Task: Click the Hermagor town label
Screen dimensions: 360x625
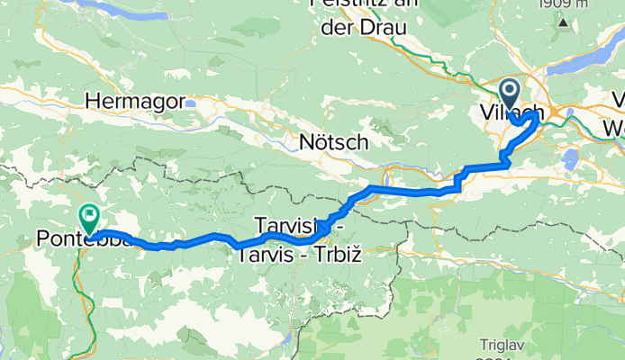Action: tap(134, 101)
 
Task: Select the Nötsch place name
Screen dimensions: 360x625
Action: tap(334, 142)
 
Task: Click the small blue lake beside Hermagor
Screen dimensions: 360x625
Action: tap(192, 103)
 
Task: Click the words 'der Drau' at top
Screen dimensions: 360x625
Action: tap(365, 27)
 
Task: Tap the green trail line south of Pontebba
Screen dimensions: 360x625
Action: tap(87, 297)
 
